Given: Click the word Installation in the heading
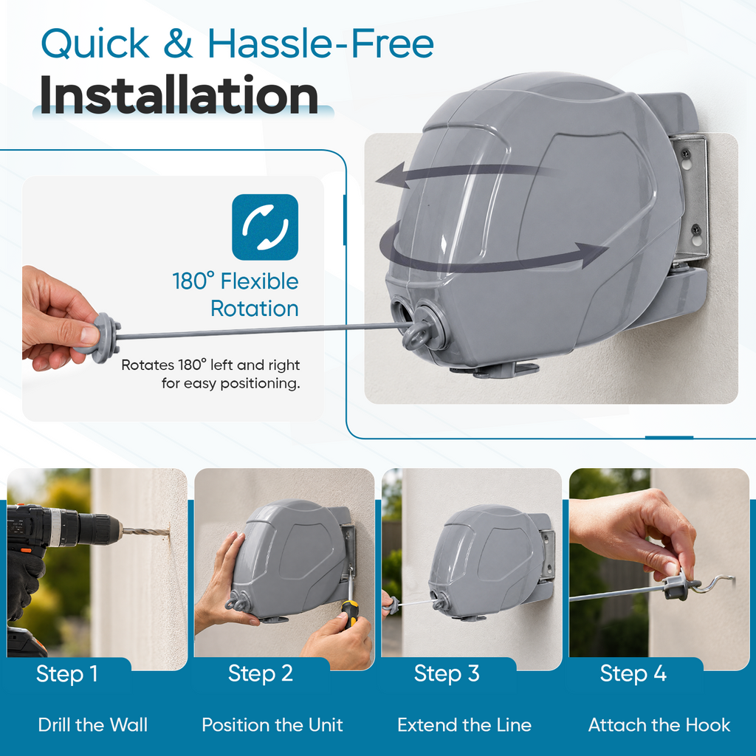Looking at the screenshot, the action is [179, 95].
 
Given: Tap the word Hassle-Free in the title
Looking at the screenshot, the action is [320, 44].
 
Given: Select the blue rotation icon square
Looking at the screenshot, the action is [265, 227].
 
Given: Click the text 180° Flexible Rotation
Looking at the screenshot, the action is [236, 295].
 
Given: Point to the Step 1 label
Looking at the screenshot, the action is [67, 673].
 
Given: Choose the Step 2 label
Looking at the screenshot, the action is [261, 673].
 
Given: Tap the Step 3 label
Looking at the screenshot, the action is [447, 673].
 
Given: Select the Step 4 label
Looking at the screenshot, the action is [633, 673].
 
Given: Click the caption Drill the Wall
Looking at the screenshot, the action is [93, 725].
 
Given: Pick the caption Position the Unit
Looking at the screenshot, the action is [272, 725].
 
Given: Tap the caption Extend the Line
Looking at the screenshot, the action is [464, 725].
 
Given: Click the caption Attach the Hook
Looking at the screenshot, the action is [659, 725].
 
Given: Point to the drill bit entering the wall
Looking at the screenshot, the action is [145, 532].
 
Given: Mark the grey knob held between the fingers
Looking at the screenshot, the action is [103, 337].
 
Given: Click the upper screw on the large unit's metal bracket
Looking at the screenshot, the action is [685, 155].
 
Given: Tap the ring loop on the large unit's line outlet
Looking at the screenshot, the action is [415, 336].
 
